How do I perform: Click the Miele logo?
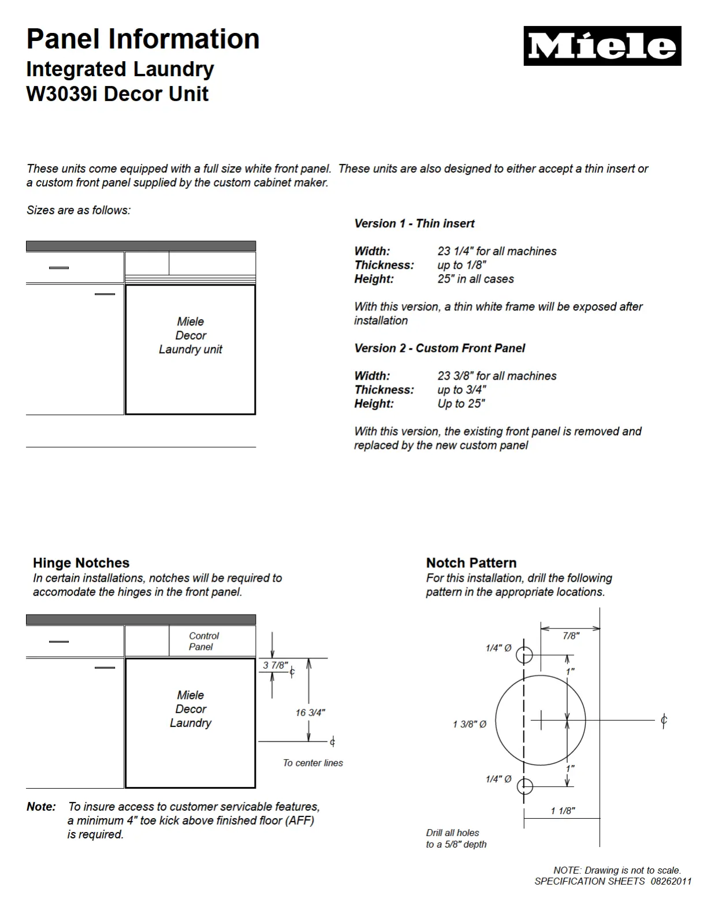click(602, 46)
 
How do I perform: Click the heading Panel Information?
click(143, 39)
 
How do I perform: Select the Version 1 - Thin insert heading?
click(414, 223)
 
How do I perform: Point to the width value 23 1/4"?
click(497, 251)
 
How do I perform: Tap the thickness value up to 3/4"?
click(462, 389)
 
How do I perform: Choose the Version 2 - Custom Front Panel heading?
click(440, 348)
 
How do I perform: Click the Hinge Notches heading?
click(81, 563)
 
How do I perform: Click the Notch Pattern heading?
click(471, 563)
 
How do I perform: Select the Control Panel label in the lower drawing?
click(203, 641)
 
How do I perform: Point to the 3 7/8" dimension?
click(275, 665)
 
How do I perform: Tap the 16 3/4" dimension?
click(310, 713)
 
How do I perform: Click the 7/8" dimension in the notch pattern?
click(571, 636)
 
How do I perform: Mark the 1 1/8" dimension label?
click(563, 811)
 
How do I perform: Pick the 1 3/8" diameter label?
click(470, 724)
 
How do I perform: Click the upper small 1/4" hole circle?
click(524, 655)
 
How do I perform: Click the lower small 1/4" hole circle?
click(524, 785)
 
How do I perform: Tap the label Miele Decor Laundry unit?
click(191, 335)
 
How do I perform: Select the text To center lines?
click(312, 763)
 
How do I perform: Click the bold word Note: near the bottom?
click(41, 807)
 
